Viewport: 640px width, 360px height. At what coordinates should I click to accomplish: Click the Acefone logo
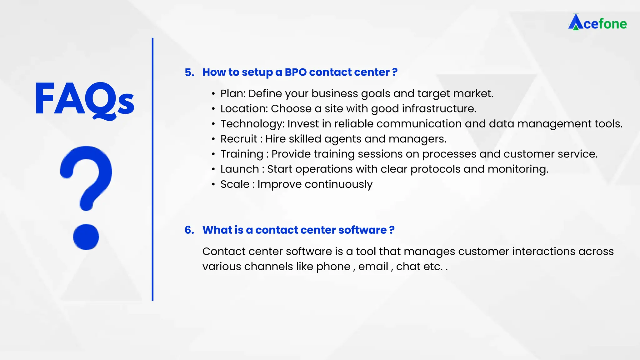click(597, 22)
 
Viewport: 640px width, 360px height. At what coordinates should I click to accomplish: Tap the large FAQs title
click(84, 99)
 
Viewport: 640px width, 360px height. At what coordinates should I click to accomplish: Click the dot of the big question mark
click(86, 237)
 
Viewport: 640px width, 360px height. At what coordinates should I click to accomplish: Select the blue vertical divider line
click(152, 169)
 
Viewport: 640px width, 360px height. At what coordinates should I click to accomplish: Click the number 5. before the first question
click(189, 72)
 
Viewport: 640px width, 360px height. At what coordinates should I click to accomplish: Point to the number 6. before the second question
click(189, 230)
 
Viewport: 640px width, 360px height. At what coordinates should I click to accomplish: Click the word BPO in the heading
click(296, 72)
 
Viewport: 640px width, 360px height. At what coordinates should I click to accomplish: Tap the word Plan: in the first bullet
click(233, 93)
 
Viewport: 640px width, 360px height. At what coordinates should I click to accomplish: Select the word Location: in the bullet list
click(244, 108)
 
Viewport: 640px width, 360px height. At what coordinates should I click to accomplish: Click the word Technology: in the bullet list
click(252, 124)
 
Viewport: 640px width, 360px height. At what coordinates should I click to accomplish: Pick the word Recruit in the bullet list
click(239, 139)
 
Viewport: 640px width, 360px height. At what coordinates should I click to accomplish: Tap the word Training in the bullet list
click(242, 154)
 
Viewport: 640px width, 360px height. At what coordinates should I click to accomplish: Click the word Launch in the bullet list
click(239, 169)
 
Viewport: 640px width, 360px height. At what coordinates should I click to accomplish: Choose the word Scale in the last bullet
click(235, 184)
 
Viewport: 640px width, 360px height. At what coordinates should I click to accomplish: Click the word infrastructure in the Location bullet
click(439, 108)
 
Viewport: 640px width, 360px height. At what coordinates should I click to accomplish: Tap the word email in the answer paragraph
click(373, 267)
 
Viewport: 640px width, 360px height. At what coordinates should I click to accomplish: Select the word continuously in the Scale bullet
click(338, 184)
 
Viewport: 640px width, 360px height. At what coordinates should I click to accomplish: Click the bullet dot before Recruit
click(213, 139)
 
